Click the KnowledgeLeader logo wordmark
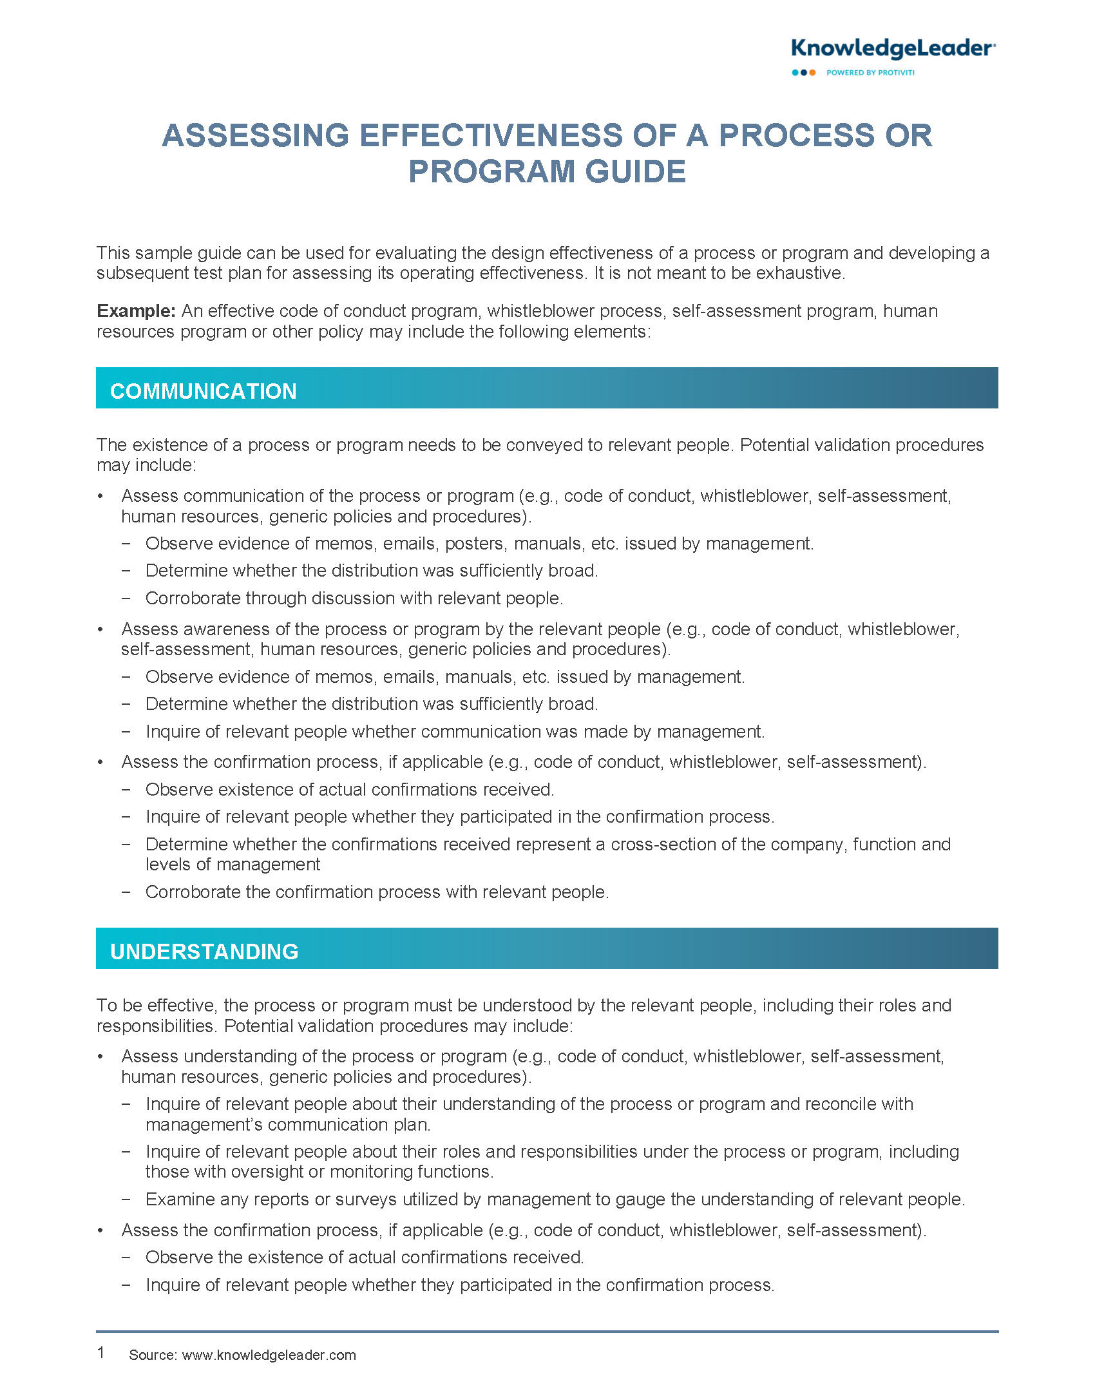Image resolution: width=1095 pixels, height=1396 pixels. click(x=893, y=48)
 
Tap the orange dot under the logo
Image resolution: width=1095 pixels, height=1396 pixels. click(x=812, y=73)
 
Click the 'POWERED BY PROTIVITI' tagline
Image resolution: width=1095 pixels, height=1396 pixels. click(x=870, y=73)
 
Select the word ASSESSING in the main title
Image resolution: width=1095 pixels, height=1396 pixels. click(x=255, y=136)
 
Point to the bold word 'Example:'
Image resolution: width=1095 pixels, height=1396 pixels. click(x=136, y=311)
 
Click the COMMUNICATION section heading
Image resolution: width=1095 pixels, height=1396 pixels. click(x=204, y=391)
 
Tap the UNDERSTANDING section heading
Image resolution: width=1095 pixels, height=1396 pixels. click(x=204, y=951)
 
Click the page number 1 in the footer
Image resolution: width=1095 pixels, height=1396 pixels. click(x=101, y=1352)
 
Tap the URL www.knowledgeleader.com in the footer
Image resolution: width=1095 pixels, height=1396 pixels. click(x=269, y=1355)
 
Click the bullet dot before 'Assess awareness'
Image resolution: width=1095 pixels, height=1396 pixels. click(x=100, y=629)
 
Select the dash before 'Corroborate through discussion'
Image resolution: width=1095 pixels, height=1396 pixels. click(x=126, y=598)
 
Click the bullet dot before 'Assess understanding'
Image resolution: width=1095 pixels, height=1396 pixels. click(x=100, y=1057)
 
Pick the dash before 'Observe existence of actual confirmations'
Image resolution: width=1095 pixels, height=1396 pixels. click(x=126, y=790)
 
